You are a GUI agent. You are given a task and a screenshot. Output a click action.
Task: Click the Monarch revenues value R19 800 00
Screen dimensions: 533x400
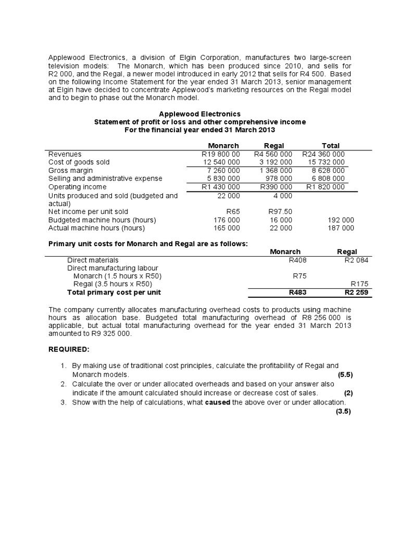[x=220, y=154]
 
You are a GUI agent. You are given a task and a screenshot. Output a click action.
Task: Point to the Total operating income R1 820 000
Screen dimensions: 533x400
[x=325, y=186]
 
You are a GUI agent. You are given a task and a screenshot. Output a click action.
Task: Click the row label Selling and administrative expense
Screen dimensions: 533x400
[x=105, y=179]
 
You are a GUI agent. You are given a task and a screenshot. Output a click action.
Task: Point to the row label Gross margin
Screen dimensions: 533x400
[x=71, y=170]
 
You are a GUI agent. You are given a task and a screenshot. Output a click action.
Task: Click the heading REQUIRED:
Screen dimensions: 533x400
[x=69, y=348]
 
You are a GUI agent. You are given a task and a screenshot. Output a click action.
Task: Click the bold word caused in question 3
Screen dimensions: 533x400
[x=216, y=402]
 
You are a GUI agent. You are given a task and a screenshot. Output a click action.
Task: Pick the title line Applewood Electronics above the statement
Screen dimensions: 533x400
[x=199, y=113]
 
